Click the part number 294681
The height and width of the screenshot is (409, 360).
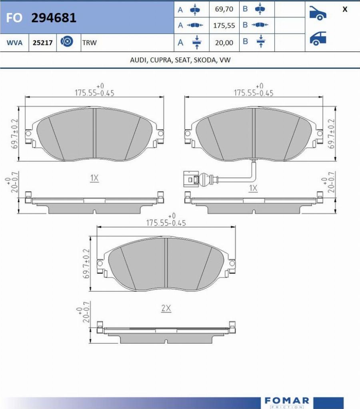tap(54, 18)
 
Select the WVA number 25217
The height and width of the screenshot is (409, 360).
tap(42, 42)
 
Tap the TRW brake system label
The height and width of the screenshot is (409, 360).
tap(90, 42)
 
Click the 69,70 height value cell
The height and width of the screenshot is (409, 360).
tap(224, 9)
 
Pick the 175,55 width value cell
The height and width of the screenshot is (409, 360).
tap(224, 25)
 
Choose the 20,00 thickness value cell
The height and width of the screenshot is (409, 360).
tap(224, 42)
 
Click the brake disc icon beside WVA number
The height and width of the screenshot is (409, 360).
tap(67, 42)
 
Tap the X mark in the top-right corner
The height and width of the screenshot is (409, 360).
tap(345, 9)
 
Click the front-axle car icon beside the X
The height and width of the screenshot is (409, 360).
tap(318, 13)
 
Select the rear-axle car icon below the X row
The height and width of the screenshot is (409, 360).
tap(318, 38)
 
